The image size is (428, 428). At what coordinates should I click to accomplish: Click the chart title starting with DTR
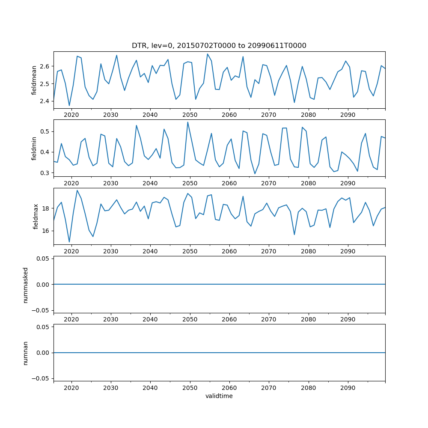[219, 46]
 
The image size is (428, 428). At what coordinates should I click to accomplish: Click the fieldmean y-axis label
[34, 80]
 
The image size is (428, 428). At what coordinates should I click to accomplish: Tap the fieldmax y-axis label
[36, 217]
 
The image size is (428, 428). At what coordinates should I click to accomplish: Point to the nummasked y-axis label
[26, 285]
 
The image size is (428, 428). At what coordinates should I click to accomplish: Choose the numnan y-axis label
[26, 353]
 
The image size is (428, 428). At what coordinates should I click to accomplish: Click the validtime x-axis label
[219, 396]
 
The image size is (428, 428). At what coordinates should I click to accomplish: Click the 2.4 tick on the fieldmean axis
[44, 101]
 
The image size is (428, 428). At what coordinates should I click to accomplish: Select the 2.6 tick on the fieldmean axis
[44, 66]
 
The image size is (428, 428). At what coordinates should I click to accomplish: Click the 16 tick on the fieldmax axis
[45, 231]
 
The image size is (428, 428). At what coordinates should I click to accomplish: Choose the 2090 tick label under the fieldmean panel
[348, 115]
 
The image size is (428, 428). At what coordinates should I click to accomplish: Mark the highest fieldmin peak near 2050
[187, 122]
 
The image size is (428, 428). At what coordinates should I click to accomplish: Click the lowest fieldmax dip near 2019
[69, 242]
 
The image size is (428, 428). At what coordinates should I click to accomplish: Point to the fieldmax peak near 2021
[77, 190]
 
